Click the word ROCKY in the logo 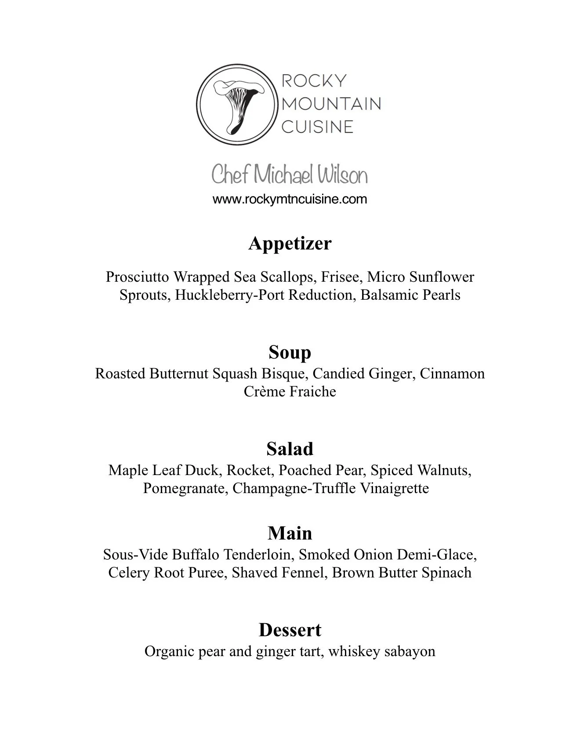click(314, 80)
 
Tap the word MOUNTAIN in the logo click(331, 104)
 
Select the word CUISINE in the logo click(317, 127)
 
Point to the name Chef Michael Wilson click(290, 175)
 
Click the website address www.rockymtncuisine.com click(290, 199)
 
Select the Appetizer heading click(290, 243)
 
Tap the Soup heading click(290, 352)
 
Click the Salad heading click(290, 449)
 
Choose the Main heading click(290, 533)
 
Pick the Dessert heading click(290, 630)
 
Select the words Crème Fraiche click(290, 392)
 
